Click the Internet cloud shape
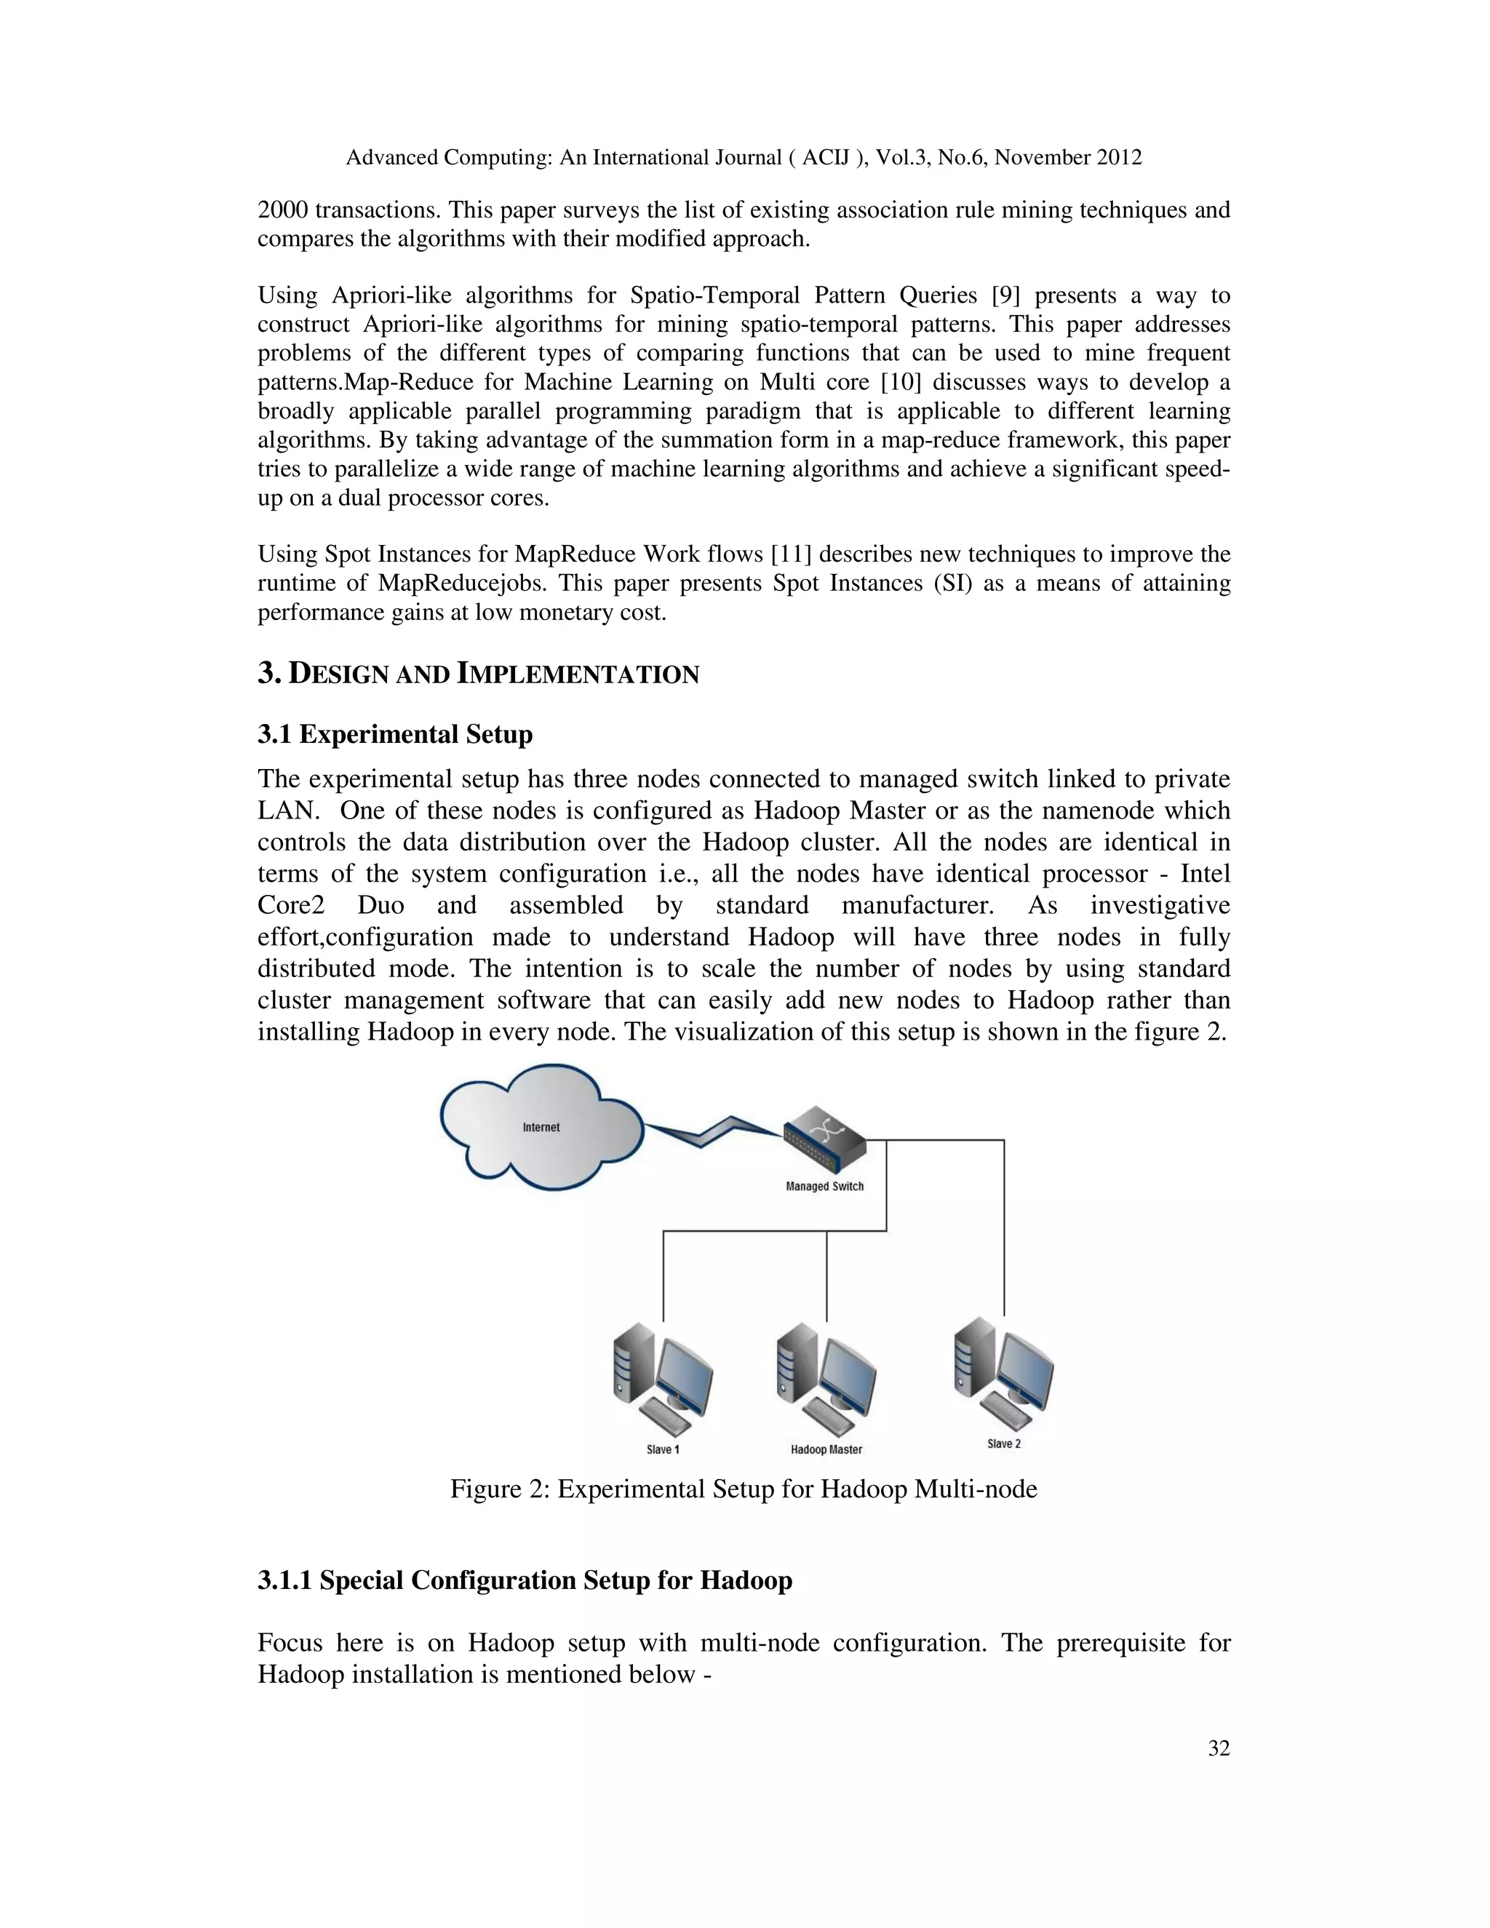coord(541,1127)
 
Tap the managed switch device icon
coord(824,1139)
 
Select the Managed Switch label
coord(824,1187)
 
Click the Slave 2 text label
coord(1003,1443)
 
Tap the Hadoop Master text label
coord(826,1449)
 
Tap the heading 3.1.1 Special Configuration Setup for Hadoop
coord(525,1580)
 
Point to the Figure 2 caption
coord(744,1489)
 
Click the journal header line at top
coord(744,158)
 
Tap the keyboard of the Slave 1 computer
coord(666,1419)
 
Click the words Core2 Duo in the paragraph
coord(331,906)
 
